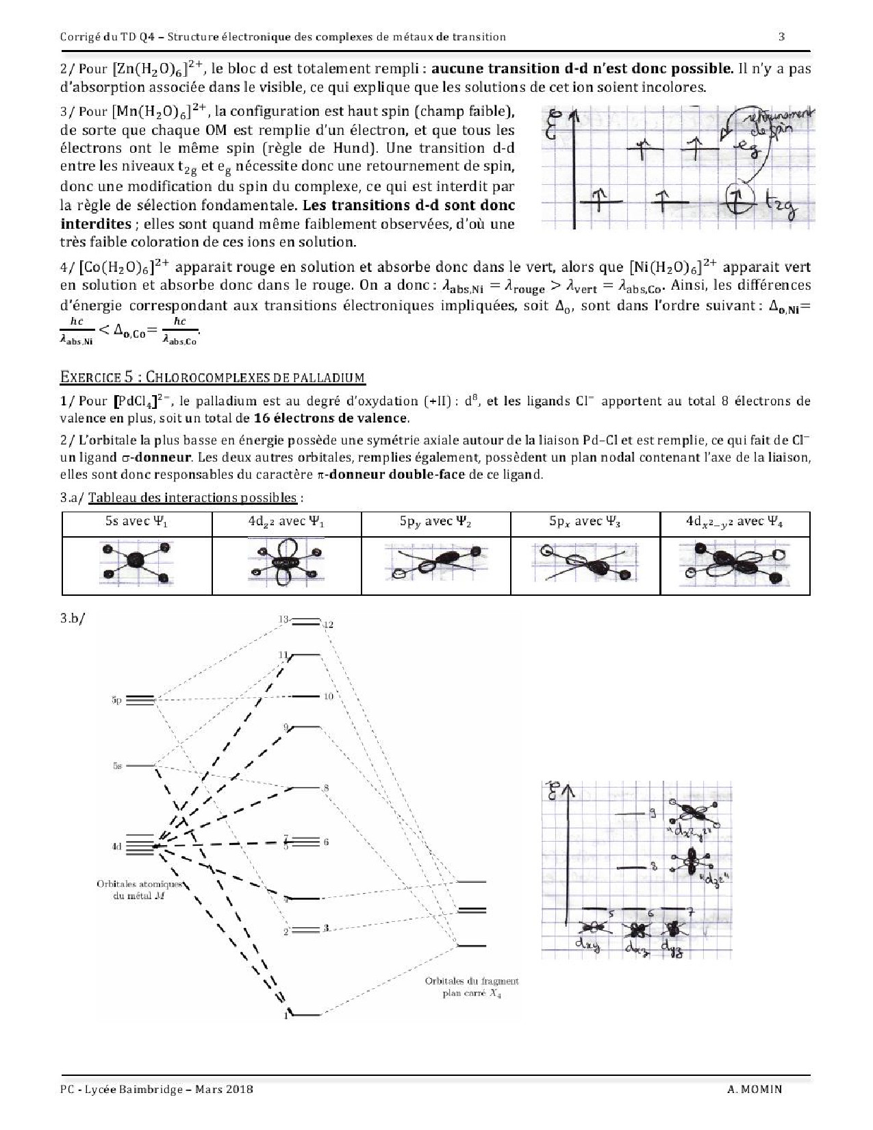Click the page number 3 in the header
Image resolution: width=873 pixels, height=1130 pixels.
782,36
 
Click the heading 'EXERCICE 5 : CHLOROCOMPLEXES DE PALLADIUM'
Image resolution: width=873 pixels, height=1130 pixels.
212,377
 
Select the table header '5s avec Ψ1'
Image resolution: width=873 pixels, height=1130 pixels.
136,522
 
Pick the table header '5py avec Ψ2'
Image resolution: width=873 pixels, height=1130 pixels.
435,522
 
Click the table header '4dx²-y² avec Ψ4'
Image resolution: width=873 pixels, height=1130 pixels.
735,522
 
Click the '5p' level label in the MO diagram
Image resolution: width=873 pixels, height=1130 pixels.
116,700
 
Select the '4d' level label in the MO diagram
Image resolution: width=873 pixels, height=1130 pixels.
116,847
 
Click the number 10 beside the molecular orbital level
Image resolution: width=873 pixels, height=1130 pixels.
328,696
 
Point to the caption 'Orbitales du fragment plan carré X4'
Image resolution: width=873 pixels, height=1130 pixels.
471,987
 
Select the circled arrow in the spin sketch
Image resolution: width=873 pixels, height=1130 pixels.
737,199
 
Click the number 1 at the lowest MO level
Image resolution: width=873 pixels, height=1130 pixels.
286,1015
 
